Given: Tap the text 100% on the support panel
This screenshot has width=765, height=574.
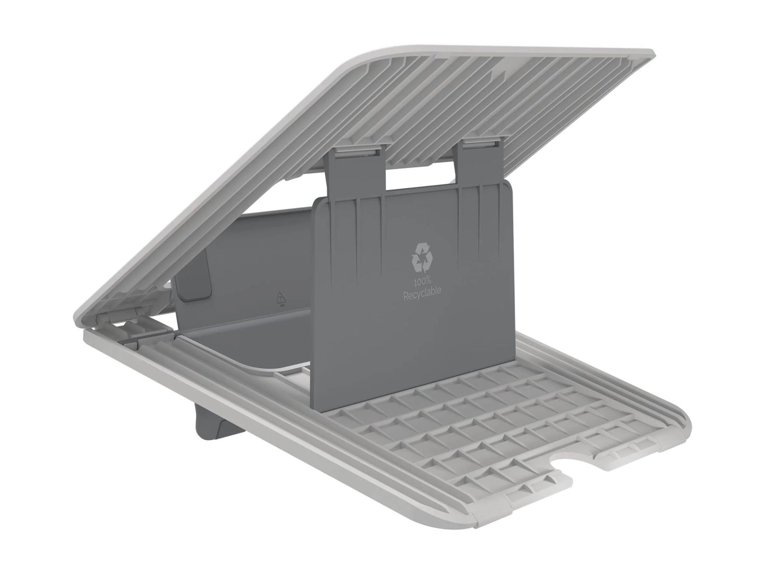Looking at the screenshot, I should [422, 280].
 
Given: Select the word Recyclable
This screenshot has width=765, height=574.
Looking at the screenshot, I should [422, 290].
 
